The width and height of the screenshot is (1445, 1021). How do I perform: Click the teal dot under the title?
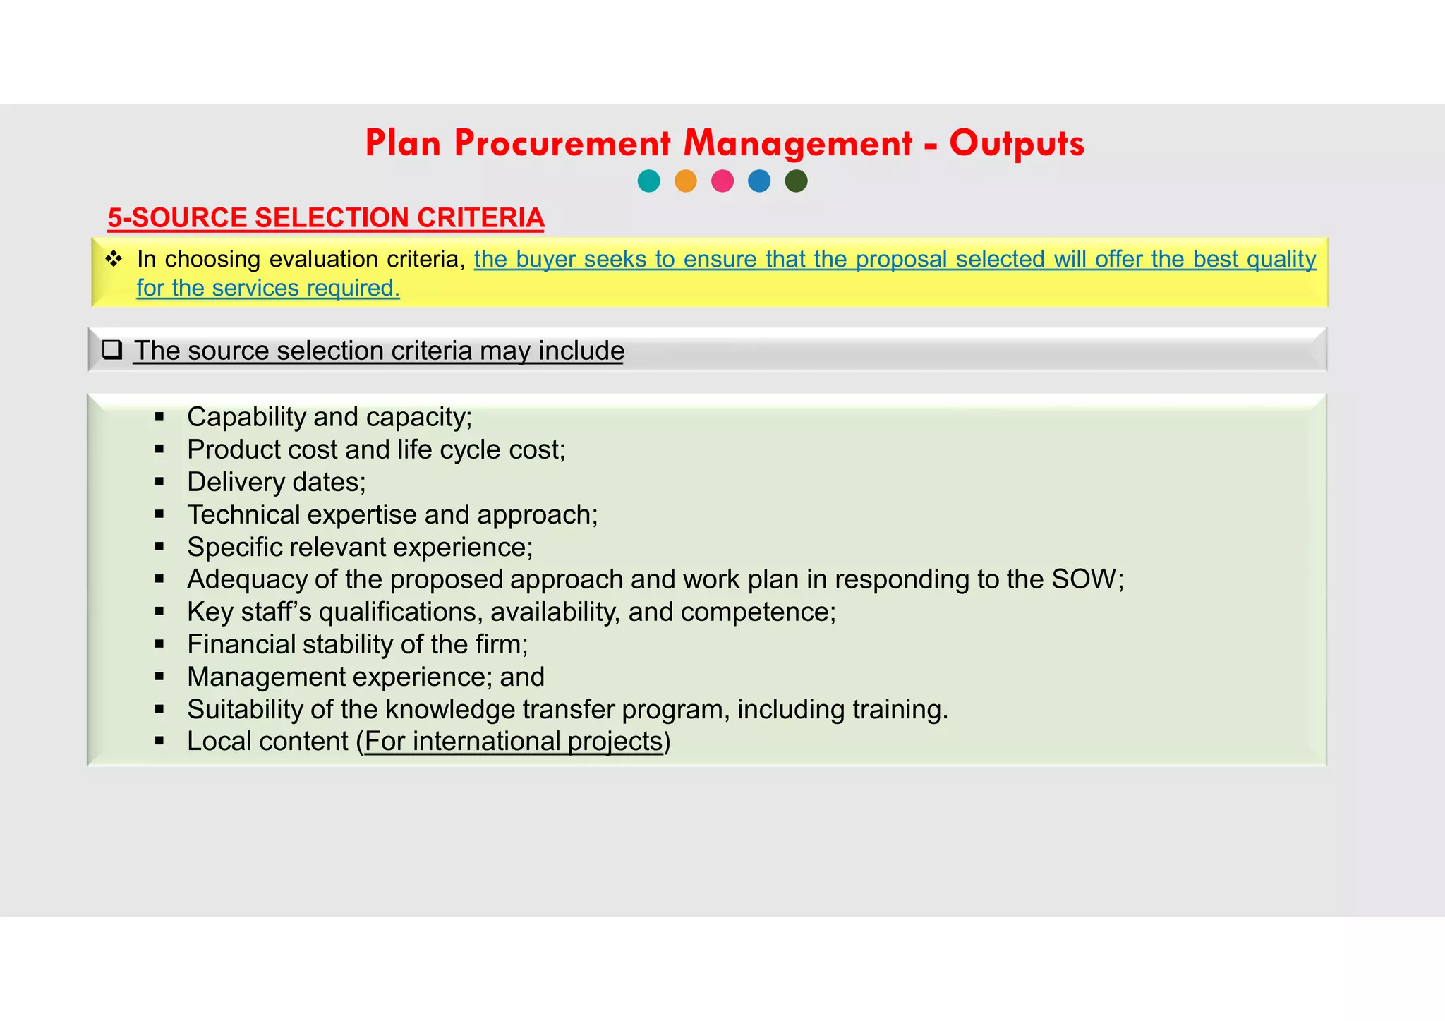click(648, 181)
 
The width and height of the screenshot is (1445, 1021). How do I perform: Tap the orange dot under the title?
click(686, 181)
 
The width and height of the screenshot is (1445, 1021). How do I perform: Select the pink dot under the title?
click(722, 181)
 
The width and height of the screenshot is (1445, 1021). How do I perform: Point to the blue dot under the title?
click(759, 181)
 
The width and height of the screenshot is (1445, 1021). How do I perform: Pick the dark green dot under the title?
click(796, 181)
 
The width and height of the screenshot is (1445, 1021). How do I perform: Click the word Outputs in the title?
click(1016, 144)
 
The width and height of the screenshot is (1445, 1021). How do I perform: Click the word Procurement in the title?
click(562, 144)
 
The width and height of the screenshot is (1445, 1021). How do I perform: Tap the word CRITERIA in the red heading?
click(480, 218)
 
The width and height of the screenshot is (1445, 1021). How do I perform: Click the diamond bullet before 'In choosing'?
click(114, 259)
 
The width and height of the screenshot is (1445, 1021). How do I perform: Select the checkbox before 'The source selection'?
click(112, 350)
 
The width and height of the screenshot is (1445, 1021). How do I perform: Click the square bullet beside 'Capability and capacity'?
click(159, 417)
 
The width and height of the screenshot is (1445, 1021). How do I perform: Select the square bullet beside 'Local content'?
click(159, 742)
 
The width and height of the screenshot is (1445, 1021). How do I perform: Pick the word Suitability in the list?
click(244, 709)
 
